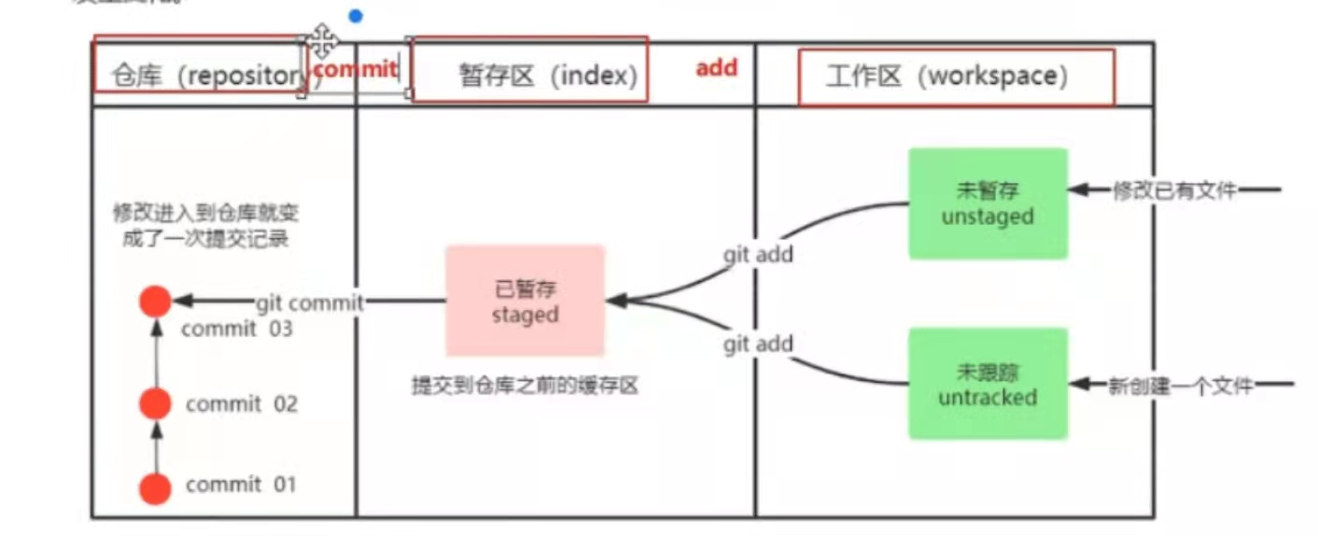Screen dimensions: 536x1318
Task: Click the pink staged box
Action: pyautogui.click(x=525, y=301)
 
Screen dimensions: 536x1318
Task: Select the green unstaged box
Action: pyautogui.click(x=988, y=204)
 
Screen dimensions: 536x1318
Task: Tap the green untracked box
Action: pyautogui.click(x=988, y=384)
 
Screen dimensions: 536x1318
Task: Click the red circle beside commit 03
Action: pyautogui.click(x=155, y=302)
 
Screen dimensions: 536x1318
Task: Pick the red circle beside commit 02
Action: pyautogui.click(x=155, y=404)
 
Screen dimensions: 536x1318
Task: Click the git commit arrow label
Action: pyautogui.click(x=309, y=303)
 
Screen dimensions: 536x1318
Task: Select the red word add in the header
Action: pyautogui.click(x=716, y=67)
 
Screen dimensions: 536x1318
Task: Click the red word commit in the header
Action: pyautogui.click(x=356, y=68)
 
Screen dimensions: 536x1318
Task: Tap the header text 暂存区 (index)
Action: pyautogui.click(x=548, y=76)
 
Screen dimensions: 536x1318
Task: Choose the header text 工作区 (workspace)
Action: pyautogui.click(x=946, y=77)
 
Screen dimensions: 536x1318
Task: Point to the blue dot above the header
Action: pyautogui.click(x=355, y=16)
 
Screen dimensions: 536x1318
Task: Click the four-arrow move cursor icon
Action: pyautogui.click(x=322, y=41)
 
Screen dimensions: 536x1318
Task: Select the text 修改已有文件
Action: pyautogui.click(x=1174, y=190)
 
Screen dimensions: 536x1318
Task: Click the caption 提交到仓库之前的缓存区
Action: pyautogui.click(x=525, y=386)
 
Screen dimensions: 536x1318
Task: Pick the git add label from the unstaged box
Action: pyautogui.click(x=757, y=254)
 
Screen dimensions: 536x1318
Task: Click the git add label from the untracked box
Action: pyautogui.click(x=757, y=345)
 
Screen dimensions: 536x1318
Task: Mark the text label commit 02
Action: pyautogui.click(x=241, y=404)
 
